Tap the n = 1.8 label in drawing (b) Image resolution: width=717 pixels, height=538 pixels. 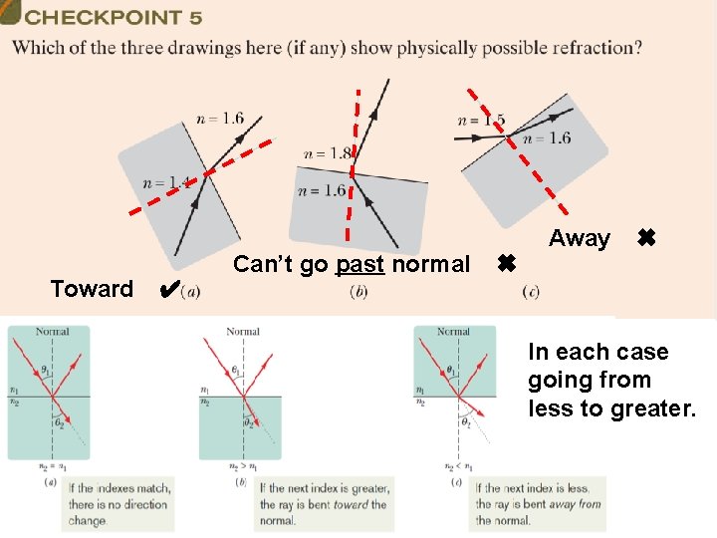click(328, 153)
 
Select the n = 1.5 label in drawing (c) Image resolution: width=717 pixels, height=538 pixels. click(480, 120)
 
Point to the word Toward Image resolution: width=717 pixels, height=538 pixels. click(92, 289)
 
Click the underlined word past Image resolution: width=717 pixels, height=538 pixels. click(360, 264)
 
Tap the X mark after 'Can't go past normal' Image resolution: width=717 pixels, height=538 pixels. click(505, 264)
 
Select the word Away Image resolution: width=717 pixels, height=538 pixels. click(580, 238)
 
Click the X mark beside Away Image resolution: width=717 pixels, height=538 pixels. click(645, 238)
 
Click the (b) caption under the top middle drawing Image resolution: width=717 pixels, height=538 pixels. click(359, 291)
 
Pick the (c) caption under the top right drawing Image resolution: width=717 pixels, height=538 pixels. click(531, 291)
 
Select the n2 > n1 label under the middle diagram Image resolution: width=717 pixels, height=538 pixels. click(242, 464)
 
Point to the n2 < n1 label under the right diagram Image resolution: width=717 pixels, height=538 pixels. click(453, 464)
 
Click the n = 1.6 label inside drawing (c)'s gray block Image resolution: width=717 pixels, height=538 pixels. click(547, 138)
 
